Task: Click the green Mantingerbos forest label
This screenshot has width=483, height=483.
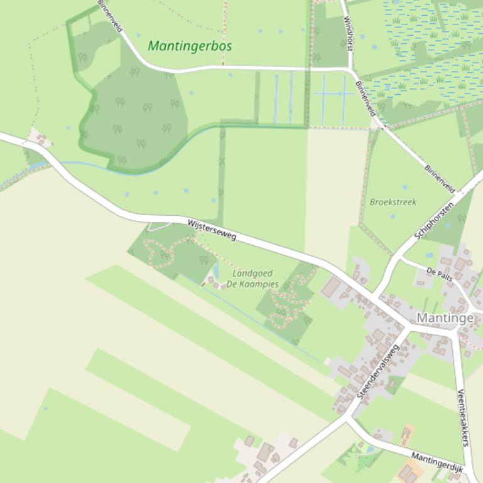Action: point(190,46)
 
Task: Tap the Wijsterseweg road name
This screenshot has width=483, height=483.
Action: point(212,230)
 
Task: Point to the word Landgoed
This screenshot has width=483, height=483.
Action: point(252,273)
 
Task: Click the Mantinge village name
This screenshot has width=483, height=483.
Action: point(445,318)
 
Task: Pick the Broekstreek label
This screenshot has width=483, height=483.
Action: point(393,202)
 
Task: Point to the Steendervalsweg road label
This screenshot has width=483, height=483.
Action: point(377,371)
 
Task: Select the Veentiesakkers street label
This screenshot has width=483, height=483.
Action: point(463,417)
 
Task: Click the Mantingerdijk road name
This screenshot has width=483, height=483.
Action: point(437,462)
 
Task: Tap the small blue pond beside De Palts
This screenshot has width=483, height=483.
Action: point(429,255)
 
